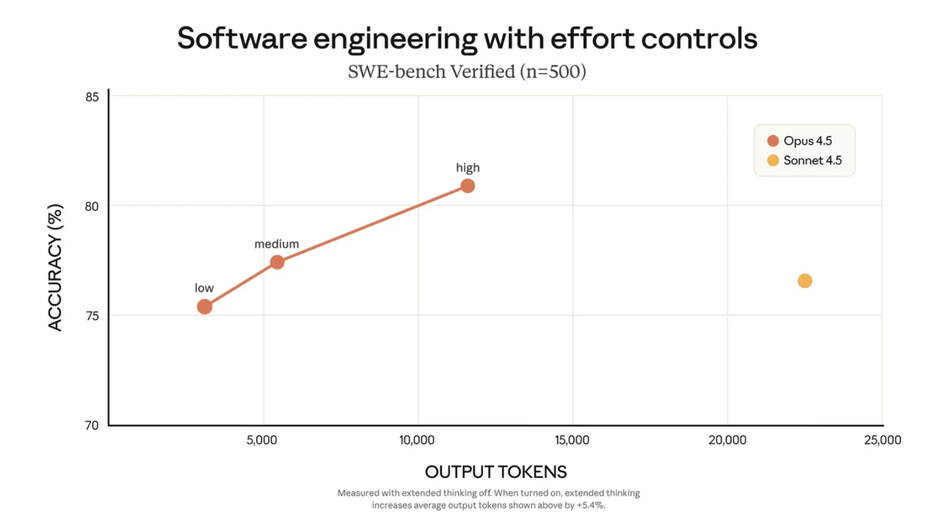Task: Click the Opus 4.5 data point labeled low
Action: click(x=204, y=307)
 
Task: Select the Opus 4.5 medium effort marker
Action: click(x=277, y=262)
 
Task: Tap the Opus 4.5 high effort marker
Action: click(x=468, y=186)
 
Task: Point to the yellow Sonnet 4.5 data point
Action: click(x=804, y=281)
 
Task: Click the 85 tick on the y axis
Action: click(x=91, y=97)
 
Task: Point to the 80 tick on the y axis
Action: click(x=91, y=206)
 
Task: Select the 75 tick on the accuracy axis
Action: click(x=91, y=316)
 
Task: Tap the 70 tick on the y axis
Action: click(x=91, y=425)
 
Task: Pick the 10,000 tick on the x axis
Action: click(x=418, y=441)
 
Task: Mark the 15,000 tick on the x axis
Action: click(x=573, y=441)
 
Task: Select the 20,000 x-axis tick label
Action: click(x=727, y=441)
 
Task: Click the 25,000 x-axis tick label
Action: click(x=882, y=441)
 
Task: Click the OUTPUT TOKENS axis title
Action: click(x=496, y=472)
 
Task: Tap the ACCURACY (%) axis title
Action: click(x=56, y=267)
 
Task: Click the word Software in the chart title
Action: click(x=242, y=39)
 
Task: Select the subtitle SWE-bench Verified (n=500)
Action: click(x=467, y=72)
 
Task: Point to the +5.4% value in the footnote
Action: click(x=590, y=505)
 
